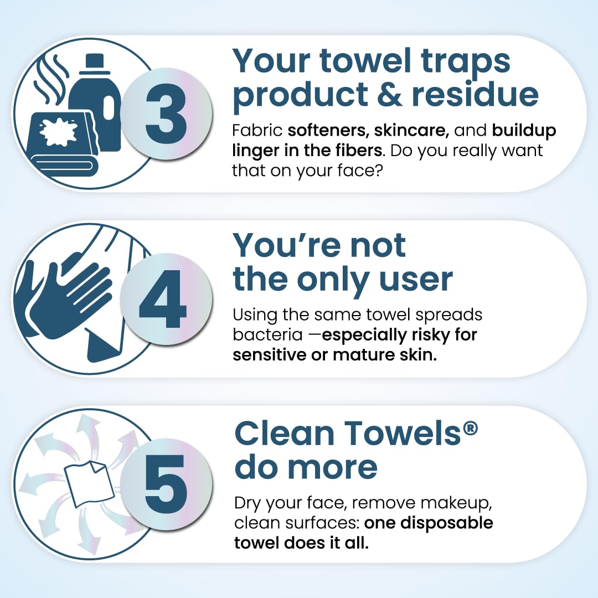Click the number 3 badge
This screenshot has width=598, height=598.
(166, 114)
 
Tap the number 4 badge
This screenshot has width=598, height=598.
(166, 300)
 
